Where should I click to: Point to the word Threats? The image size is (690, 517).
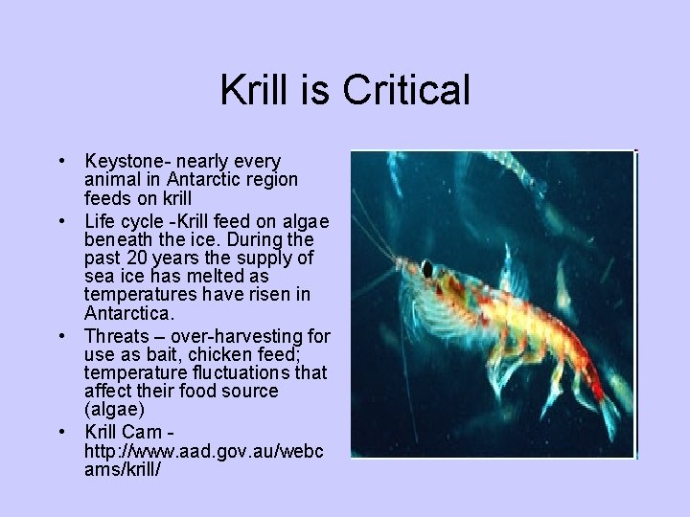pyautogui.click(x=115, y=335)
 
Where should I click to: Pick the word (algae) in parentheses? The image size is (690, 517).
pyautogui.click(x=114, y=410)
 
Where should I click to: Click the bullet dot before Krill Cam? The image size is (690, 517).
pyautogui.click(x=59, y=430)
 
